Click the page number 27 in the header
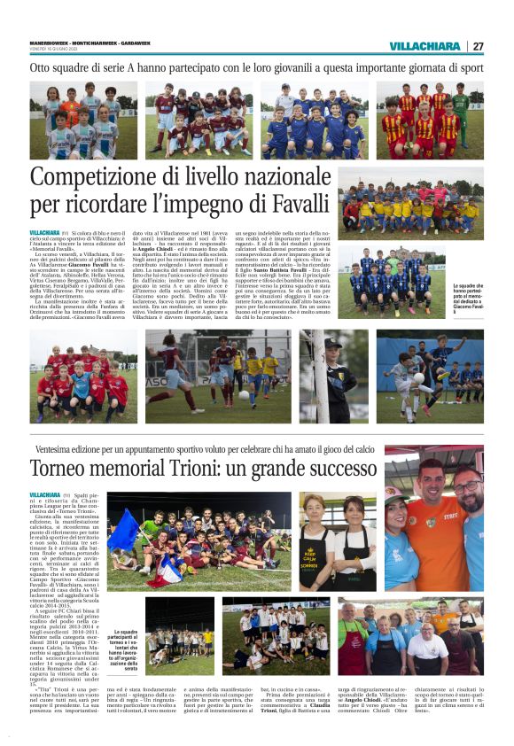tap(478, 46)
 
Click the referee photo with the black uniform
tap(336, 377)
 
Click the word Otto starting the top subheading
tap(42, 67)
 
